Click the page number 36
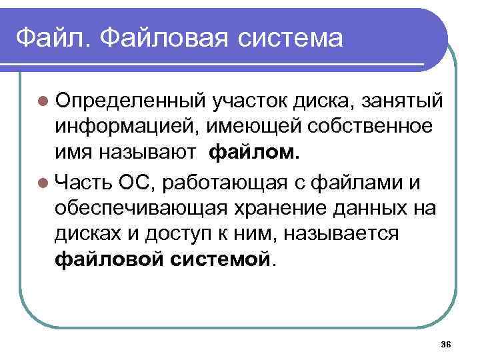[446, 343]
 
